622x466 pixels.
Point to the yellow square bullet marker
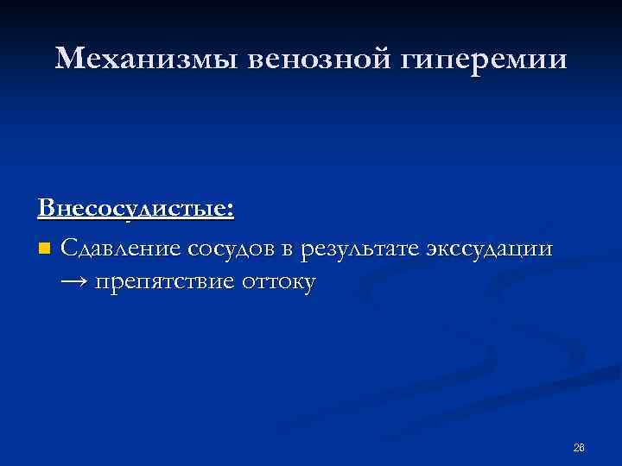point(44,249)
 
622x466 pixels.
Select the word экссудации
point(489,250)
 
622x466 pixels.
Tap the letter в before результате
point(286,250)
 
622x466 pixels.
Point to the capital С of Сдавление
point(69,249)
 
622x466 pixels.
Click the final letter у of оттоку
point(310,283)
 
